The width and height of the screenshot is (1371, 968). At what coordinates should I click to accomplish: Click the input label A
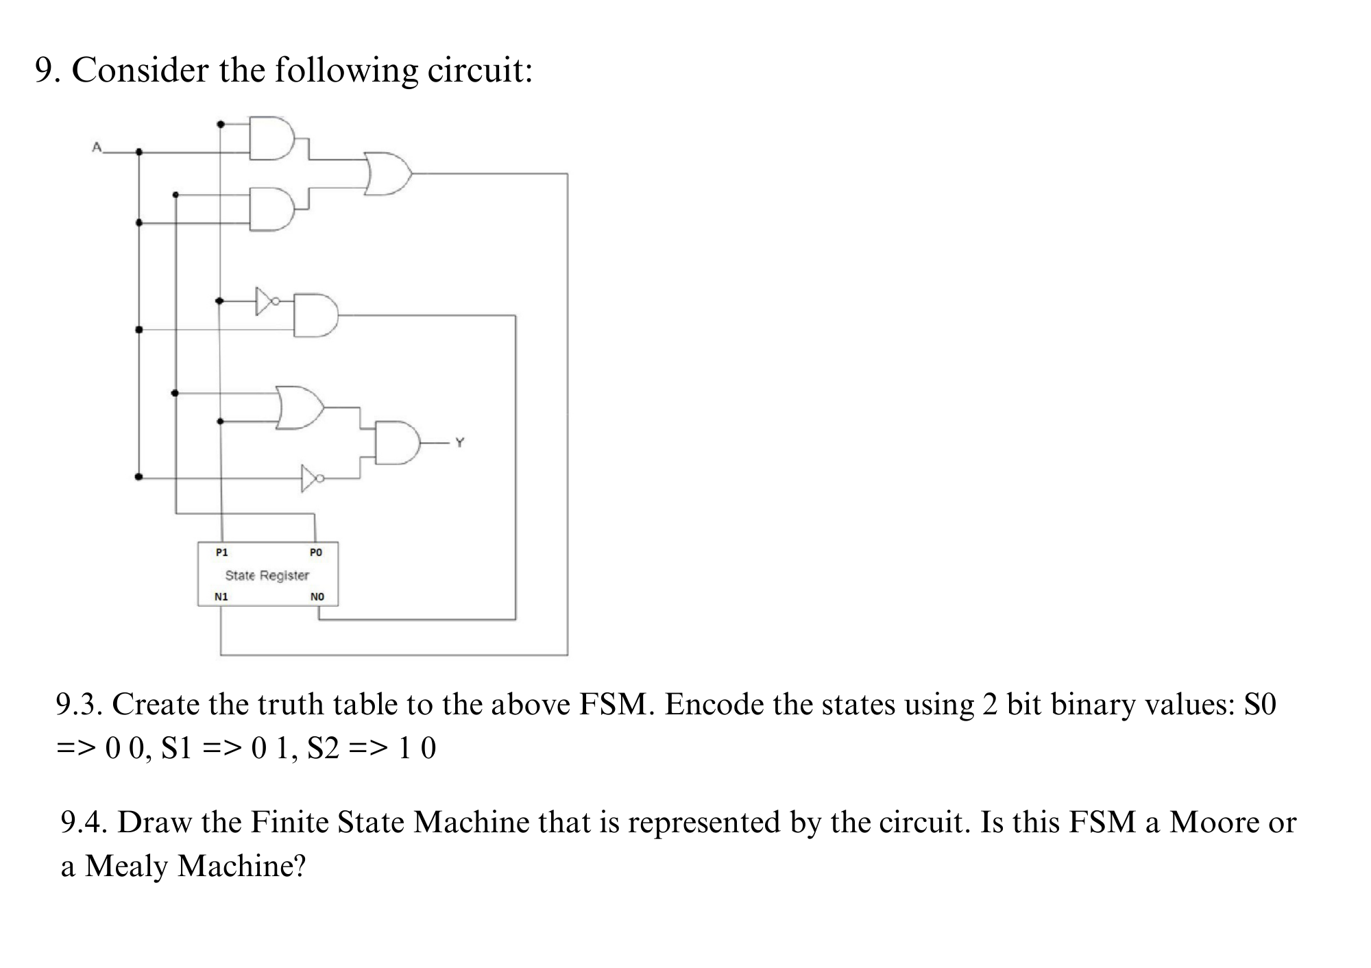click(x=97, y=147)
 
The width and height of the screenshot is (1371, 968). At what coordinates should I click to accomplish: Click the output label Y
click(x=459, y=443)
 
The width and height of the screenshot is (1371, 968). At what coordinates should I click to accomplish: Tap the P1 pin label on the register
click(x=221, y=552)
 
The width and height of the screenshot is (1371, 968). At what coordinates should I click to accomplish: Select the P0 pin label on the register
click(x=315, y=552)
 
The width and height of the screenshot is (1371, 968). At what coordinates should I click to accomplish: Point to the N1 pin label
click(x=221, y=596)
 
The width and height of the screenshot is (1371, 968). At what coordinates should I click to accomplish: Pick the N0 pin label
click(x=317, y=596)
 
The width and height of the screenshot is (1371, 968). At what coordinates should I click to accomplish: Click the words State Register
click(x=267, y=575)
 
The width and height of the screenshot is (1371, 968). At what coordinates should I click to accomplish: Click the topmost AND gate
click(x=271, y=138)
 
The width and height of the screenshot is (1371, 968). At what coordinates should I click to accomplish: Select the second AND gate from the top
click(x=271, y=209)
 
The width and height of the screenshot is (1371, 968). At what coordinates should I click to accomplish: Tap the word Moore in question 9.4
click(x=1214, y=822)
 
